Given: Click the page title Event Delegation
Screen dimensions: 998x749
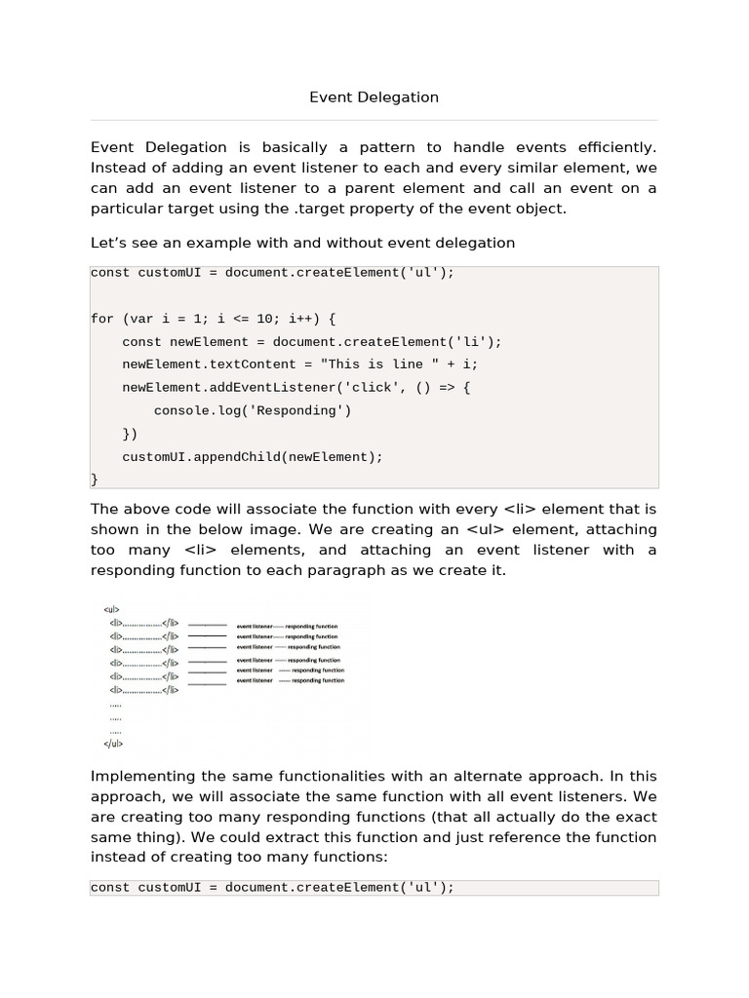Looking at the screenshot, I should pyautogui.click(x=374, y=97).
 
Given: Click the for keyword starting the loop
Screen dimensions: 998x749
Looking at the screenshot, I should pyautogui.click(x=101, y=319).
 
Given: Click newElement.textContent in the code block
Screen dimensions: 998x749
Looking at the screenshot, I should pyautogui.click(x=201, y=365).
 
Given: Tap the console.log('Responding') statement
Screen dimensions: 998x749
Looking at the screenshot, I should pyautogui.click(x=252, y=410).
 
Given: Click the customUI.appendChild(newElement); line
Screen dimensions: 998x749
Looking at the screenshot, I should pyautogui.click(x=253, y=456).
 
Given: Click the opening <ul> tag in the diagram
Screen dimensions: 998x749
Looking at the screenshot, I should pyautogui.click(x=110, y=608).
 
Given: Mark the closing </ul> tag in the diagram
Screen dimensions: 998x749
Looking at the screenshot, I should pyautogui.click(x=113, y=743).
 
